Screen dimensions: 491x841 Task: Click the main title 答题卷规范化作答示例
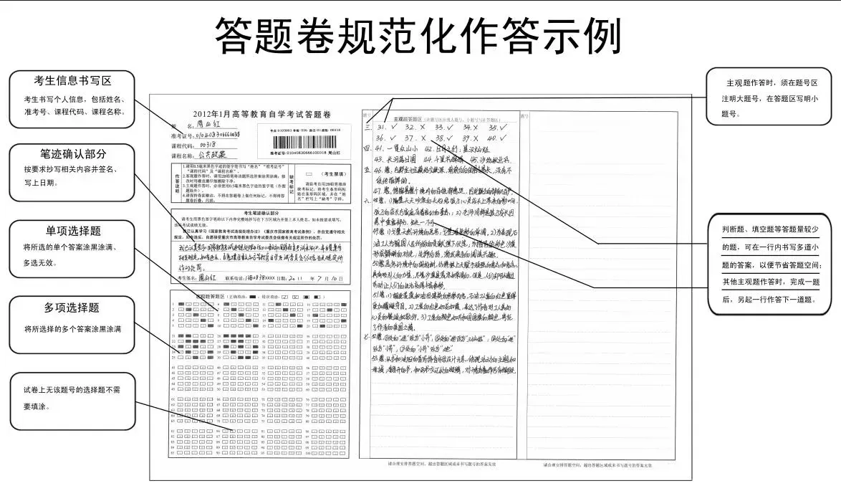[419, 35]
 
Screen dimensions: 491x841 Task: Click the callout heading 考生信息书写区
[73, 80]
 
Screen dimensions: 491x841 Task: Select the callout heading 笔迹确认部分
[73, 153]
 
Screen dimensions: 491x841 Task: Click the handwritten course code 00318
[205, 144]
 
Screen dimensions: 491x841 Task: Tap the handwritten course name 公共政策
[211, 154]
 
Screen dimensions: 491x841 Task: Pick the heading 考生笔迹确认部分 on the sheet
[255, 214]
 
